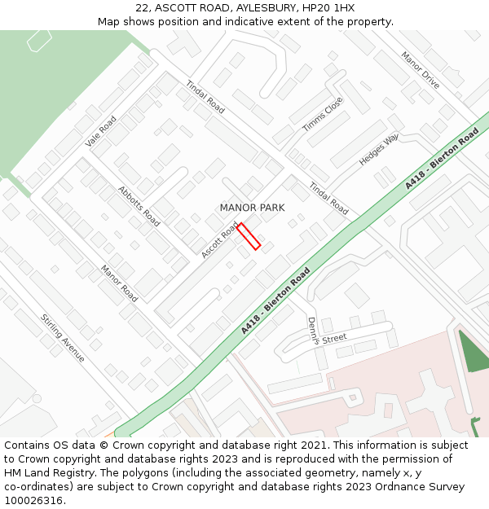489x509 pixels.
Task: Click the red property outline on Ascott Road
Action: (249, 236)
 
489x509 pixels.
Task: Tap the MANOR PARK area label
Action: (252, 208)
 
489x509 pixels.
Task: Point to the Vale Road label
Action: (101, 132)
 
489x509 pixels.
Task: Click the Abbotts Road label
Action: (139, 205)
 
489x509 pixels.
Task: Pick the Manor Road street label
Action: (119, 283)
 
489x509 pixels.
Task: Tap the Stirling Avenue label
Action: (63, 338)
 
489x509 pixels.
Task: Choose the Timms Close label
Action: (323, 114)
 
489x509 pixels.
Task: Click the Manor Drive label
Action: (421, 71)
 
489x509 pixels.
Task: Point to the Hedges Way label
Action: (380, 150)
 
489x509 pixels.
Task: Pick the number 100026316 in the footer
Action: (33, 501)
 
